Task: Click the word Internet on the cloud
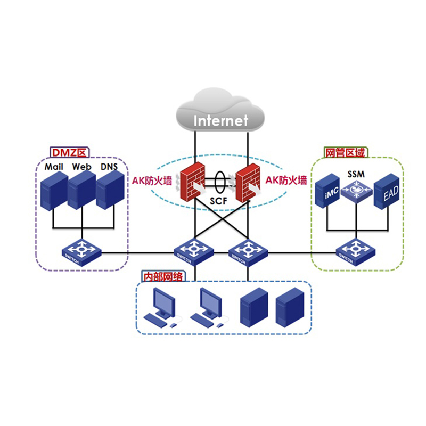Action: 220,121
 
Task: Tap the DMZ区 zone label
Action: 70,152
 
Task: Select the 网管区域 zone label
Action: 345,153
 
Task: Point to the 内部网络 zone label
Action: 163,276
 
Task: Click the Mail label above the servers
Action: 54,167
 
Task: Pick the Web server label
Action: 81,167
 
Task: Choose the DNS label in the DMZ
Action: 109,167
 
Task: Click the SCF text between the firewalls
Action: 218,201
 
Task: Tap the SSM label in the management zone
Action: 356,174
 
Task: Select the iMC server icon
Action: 327,191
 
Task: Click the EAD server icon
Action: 387,191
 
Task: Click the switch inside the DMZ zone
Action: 81,252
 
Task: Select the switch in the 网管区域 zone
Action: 356,252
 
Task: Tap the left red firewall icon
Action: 192,182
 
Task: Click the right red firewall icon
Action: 248,183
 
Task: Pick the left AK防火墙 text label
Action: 152,181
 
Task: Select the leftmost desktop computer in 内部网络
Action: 162,308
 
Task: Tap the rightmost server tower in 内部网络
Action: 290,308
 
